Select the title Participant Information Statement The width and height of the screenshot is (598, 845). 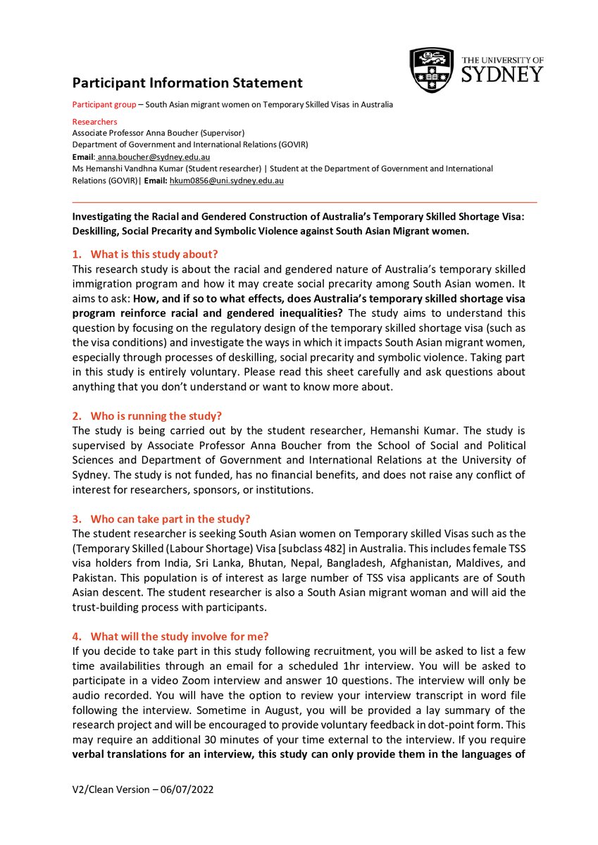click(187, 83)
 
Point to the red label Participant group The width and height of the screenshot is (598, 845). click(103, 105)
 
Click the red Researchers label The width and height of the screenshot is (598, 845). click(95, 122)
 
